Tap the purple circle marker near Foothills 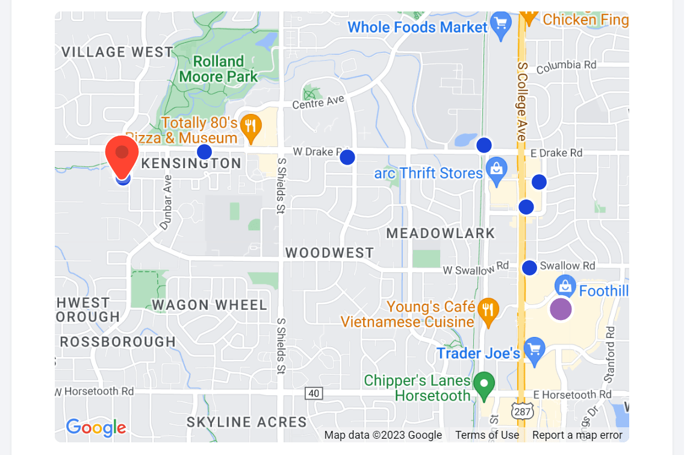[x=561, y=309]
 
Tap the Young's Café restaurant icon [x=488, y=310]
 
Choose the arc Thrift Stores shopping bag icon [x=496, y=171]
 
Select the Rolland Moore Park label [x=218, y=69]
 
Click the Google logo [x=96, y=427]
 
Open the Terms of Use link [x=486, y=435]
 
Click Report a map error [x=577, y=435]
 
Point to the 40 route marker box [x=314, y=394]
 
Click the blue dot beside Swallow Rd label [x=529, y=268]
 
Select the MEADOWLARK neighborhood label [x=440, y=233]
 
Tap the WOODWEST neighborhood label [x=329, y=253]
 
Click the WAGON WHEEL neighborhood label [x=209, y=305]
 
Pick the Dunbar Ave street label [x=166, y=203]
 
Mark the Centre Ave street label [x=317, y=104]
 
